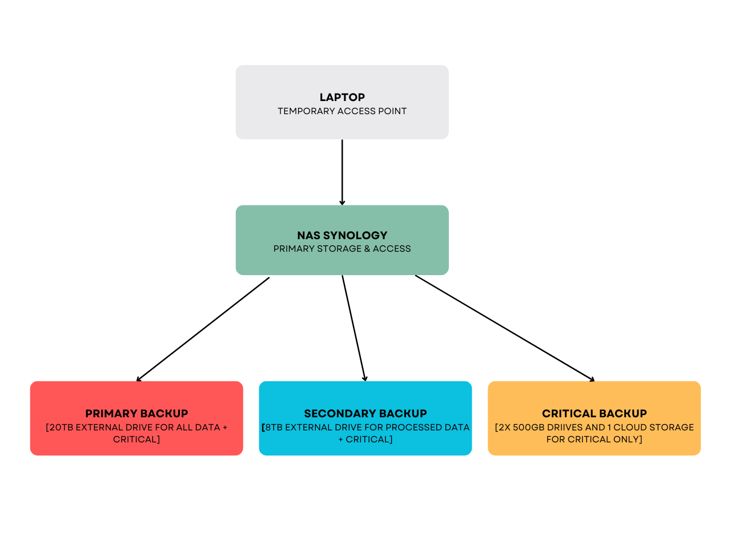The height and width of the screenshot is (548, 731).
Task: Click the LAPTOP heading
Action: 342,97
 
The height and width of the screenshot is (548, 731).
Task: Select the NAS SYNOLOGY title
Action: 342,235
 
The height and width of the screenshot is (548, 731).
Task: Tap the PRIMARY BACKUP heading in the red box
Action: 136,413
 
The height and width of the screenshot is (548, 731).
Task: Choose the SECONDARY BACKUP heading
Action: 365,413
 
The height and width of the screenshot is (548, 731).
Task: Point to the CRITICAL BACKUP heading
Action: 594,413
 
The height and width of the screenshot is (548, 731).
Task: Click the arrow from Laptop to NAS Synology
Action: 342,172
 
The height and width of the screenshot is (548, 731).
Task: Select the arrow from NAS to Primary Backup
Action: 203,329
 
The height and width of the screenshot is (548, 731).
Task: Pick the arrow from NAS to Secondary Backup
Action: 354,328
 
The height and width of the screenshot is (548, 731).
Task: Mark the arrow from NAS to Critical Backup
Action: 504,328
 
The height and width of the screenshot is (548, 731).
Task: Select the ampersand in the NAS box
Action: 367,248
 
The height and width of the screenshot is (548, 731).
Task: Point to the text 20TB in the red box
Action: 61,427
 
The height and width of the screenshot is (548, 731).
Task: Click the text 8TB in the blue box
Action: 274,427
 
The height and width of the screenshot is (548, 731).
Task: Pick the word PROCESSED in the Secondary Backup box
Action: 416,427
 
